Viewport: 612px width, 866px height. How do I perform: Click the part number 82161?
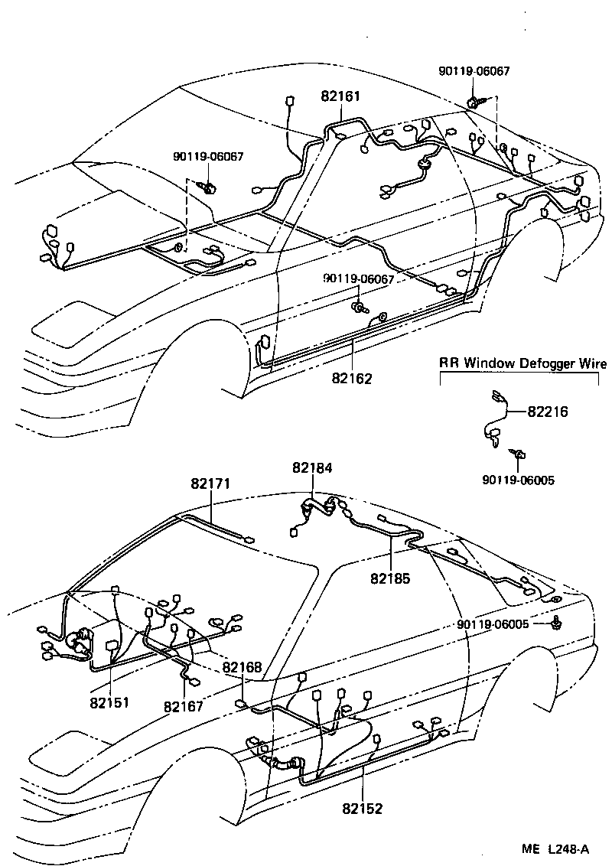click(340, 97)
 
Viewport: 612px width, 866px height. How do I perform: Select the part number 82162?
click(352, 378)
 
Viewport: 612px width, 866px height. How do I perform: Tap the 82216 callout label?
click(548, 412)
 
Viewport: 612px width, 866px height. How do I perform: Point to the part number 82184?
click(312, 467)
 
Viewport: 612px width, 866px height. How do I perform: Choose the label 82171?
click(210, 483)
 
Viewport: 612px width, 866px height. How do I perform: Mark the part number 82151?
click(109, 702)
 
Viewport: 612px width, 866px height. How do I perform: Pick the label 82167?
click(184, 707)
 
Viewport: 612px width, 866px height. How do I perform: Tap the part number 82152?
click(363, 809)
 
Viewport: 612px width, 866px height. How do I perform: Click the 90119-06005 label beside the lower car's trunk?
click(493, 624)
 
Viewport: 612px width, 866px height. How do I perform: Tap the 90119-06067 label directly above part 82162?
click(358, 280)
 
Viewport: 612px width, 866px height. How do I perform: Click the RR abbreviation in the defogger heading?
click(449, 363)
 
